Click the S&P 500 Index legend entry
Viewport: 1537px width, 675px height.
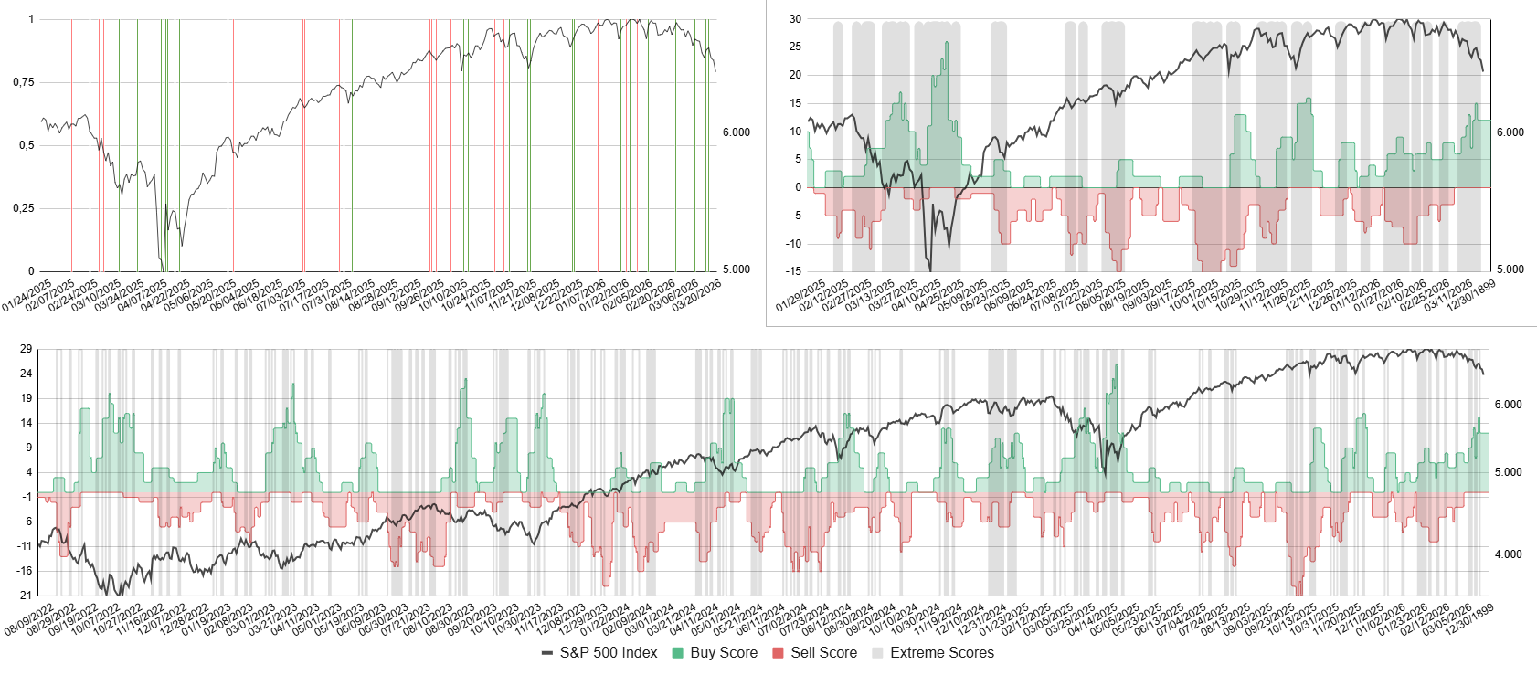608,653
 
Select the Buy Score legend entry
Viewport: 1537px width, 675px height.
723,653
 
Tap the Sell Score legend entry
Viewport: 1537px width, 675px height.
822,653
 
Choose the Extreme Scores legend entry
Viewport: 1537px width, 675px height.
941,653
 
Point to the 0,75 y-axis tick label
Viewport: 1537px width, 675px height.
24,82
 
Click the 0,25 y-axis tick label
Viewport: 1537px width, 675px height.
24,208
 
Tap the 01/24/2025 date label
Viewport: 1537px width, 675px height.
27,296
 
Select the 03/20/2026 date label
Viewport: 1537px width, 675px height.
697,296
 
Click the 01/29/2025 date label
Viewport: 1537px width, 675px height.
801,296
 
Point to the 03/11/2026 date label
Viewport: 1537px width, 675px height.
1450,296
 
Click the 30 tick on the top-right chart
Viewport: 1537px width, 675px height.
795,18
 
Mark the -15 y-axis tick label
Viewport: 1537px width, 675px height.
793,271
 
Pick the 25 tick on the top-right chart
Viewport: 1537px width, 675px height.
795,47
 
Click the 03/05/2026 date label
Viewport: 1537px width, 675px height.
1449,620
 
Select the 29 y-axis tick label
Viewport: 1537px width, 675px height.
26,349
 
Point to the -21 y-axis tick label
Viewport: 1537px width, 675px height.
25,596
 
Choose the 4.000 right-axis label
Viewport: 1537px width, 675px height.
1508,554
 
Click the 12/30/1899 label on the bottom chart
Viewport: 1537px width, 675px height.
1472,620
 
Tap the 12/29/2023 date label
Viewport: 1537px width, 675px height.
583,620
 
